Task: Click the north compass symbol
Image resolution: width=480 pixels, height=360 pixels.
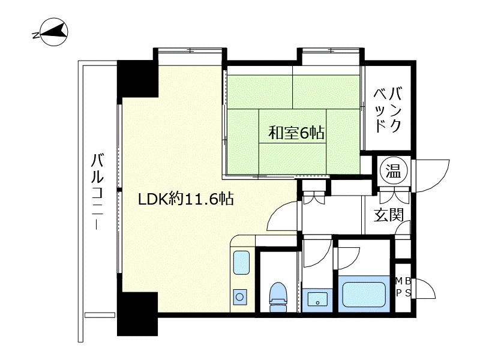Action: (x=52, y=34)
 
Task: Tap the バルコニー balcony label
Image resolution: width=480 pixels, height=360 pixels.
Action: (x=97, y=192)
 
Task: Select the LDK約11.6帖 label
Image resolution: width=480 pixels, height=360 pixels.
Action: (x=186, y=199)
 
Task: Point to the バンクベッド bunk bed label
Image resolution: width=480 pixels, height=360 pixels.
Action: (x=388, y=109)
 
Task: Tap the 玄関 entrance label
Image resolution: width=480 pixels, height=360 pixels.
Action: (x=388, y=214)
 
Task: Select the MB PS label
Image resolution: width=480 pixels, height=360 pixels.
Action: (x=403, y=287)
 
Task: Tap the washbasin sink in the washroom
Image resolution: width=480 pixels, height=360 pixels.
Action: (x=316, y=298)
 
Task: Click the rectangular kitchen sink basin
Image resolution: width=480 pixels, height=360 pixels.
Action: (x=241, y=262)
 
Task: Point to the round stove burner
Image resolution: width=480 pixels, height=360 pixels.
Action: (x=240, y=296)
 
